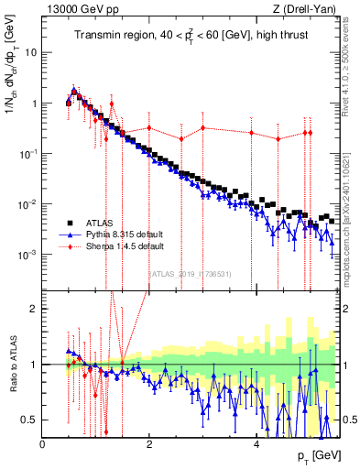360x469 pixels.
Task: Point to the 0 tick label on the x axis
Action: [43, 444]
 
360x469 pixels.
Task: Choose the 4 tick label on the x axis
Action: [256, 444]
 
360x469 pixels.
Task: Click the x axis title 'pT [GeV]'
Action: [321, 456]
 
